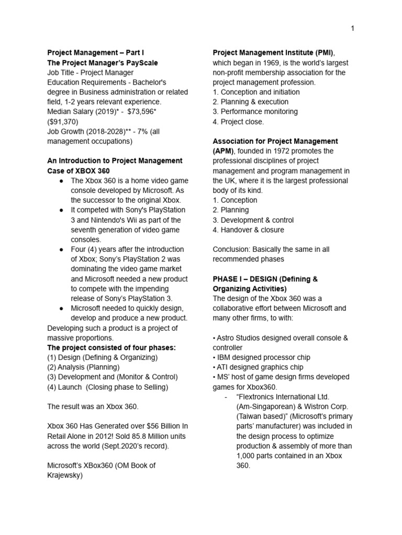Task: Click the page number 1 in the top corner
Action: [x=353, y=28]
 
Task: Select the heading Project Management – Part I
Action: [x=95, y=53]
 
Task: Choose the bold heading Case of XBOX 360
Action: [x=79, y=171]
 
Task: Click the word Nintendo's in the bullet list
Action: [x=105, y=220]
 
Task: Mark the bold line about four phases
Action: [x=111, y=347]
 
